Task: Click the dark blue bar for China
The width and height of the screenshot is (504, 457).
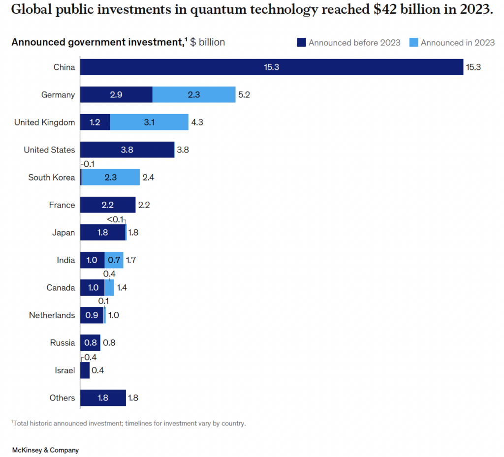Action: (271, 67)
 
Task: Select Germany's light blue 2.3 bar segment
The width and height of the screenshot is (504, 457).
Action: (194, 94)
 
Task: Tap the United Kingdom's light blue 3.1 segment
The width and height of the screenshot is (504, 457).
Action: (149, 122)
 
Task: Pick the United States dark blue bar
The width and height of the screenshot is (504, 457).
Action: (127, 150)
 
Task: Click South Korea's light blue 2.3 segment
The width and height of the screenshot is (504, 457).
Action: (110, 177)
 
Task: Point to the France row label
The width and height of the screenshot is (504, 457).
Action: (62, 205)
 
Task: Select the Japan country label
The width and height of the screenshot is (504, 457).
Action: (63, 232)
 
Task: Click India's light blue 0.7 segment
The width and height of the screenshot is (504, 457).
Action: (114, 260)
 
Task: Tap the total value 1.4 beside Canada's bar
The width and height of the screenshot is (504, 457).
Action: (122, 287)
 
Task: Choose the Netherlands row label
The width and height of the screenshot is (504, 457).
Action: (52, 315)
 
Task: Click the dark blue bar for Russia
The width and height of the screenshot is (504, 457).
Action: (90, 342)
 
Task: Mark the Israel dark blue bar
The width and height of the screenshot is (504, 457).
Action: (85, 370)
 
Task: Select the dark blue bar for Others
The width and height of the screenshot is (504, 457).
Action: (103, 397)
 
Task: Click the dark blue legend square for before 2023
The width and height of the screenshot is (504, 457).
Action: (301, 43)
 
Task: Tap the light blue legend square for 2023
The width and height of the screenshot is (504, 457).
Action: (413, 43)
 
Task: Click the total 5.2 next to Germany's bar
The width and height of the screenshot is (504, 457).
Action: (244, 94)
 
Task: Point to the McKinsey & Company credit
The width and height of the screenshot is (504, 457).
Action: (45, 450)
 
